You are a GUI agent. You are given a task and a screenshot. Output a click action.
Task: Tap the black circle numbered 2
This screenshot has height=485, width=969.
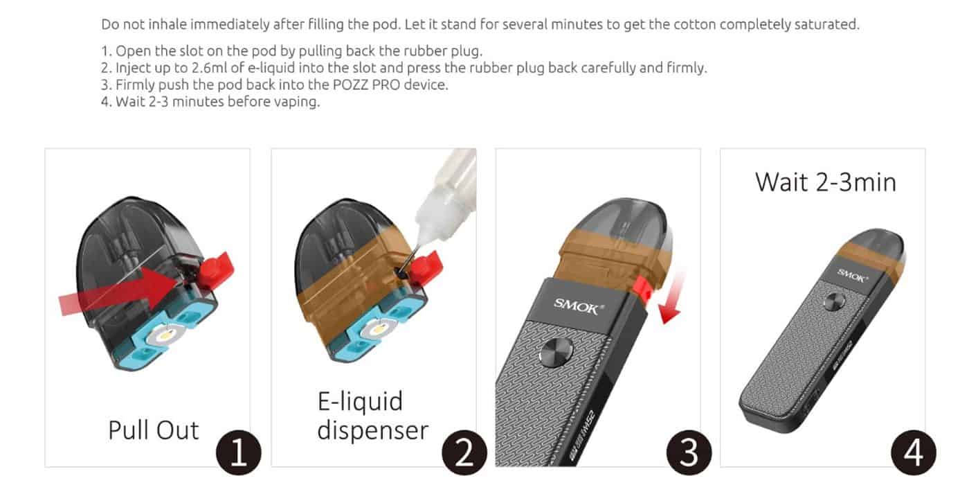[x=464, y=455]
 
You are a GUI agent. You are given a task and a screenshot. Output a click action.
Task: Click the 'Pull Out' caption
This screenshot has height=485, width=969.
[x=153, y=430]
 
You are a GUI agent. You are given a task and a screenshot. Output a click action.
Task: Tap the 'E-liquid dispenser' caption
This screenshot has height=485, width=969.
[x=372, y=416]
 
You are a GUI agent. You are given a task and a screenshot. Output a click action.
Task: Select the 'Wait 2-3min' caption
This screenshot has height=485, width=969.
[x=825, y=182]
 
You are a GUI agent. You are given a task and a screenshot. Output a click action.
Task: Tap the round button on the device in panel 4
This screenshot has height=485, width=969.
[x=834, y=302]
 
